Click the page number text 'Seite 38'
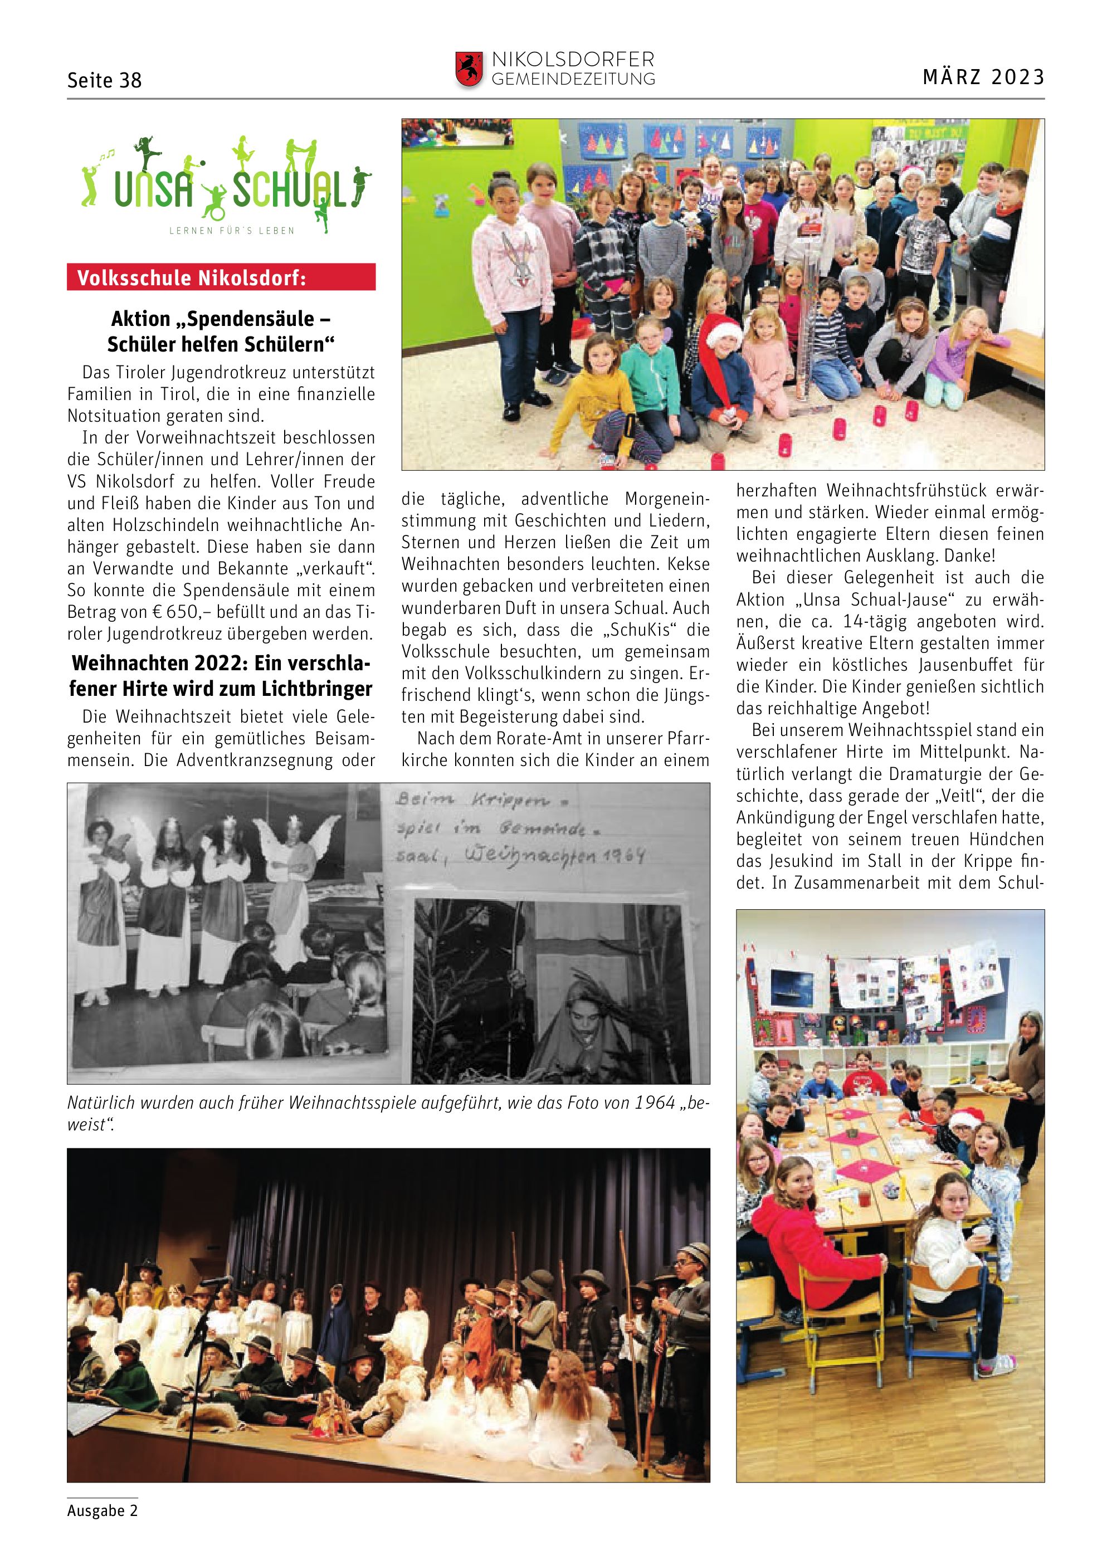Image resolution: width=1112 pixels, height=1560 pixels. (104, 81)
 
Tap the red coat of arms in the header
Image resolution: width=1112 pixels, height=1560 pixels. (469, 69)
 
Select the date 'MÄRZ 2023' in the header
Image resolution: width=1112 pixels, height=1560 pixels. (983, 77)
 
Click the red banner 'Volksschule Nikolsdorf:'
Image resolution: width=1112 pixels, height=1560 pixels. (221, 277)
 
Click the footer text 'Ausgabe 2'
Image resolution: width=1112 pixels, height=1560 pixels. (103, 1510)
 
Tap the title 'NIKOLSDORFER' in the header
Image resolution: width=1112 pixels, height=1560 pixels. (572, 60)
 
